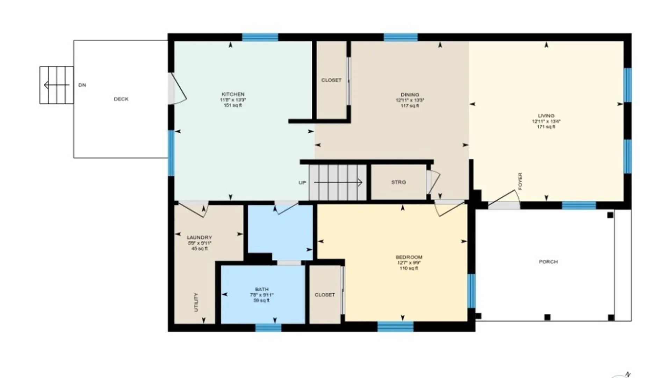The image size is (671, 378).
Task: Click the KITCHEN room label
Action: pyautogui.click(x=233, y=94)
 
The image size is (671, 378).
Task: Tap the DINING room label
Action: pyautogui.click(x=410, y=94)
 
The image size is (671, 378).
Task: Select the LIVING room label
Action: pyautogui.click(x=546, y=115)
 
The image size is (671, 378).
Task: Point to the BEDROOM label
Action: pyautogui.click(x=409, y=257)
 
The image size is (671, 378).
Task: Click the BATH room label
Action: pyautogui.click(x=262, y=289)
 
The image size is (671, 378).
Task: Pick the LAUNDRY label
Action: pyautogui.click(x=199, y=237)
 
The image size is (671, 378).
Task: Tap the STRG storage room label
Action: pyautogui.click(x=398, y=182)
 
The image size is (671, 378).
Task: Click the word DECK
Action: pyautogui.click(x=121, y=99)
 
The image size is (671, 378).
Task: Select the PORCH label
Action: pyautogui.click(x=548, y=262)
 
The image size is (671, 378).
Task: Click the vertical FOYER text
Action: pyautogui.click(x=520, y=181)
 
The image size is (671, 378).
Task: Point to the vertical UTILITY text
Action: pyautogui.click(x=196, y=302)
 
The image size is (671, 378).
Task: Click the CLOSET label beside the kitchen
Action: pyautogui.click(x=331, y=80)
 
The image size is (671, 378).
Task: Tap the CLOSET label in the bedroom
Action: pyautogui.click(x=325, y=295)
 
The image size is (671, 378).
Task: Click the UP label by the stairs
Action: pyautogui.click(x=302, y=183)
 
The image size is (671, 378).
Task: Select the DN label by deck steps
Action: pyautogui.click(x=82, y=85)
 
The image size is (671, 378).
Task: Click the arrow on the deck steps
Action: pyautogui.click(x=56, y=85)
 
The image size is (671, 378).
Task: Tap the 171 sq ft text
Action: pyautogui.click(x=546, y=127)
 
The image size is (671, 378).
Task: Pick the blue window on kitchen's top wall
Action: pyautogui.click(x=260, y=37)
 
